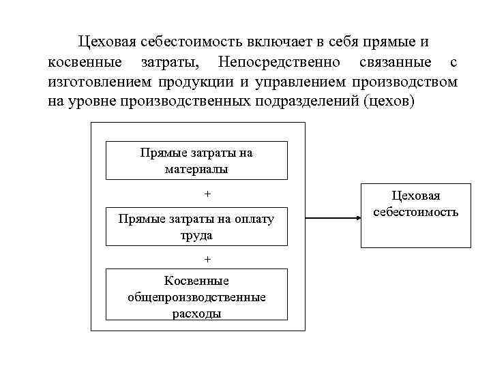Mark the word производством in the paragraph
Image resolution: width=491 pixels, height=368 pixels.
coord(406,82)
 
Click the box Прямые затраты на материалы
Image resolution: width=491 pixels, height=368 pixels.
coord(196,161)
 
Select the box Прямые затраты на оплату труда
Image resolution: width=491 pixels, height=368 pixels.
coord(196,227)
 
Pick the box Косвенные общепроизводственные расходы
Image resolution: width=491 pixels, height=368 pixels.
coord(196,295)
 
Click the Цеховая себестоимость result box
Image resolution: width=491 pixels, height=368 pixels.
coord(416,215)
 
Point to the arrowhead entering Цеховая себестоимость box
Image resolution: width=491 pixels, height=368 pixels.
coord(357,218)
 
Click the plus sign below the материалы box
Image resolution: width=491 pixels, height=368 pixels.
coord(208,194)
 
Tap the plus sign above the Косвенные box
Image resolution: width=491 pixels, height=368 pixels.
coord(208,260)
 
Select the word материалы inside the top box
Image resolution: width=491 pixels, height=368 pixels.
coord(196,169)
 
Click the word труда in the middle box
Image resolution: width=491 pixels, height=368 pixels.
coord(196,236)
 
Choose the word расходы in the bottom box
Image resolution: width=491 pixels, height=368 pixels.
coord(196,313)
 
